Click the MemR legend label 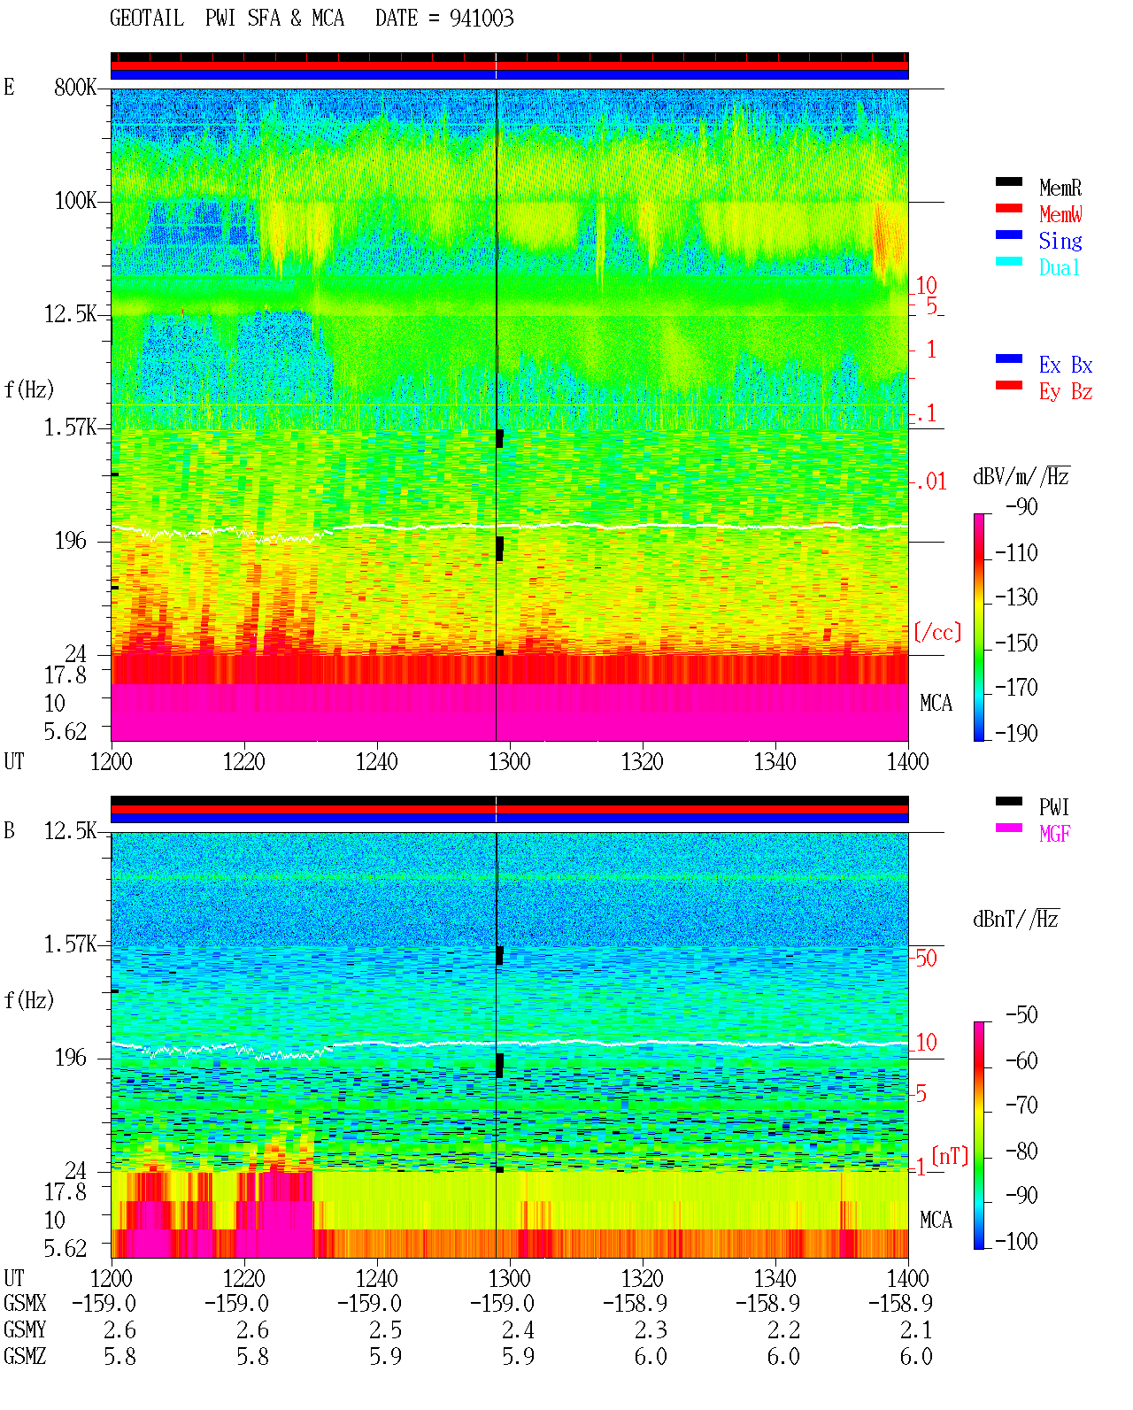[1060, 188]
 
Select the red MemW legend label [1060, 214]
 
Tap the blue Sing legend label [1060, 241]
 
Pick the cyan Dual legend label [1059, 267]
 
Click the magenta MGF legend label [1054, 834]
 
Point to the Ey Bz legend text [1065, 392]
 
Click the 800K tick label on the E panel [75, 87]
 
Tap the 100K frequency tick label [75, 201]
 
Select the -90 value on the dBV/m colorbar [1021, 506]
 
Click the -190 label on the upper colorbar [1015, 733]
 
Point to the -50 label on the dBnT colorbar [1021, 1015]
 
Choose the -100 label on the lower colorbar [1015, 1241]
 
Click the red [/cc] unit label [937, 632]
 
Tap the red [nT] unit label [950, 1156]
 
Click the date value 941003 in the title [482, 19]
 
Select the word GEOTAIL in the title [147, 19]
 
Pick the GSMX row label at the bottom [25, 1304]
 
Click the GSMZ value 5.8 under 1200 [119, 1357]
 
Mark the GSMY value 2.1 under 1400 [916, 1330]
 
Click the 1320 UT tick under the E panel [643, 762]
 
